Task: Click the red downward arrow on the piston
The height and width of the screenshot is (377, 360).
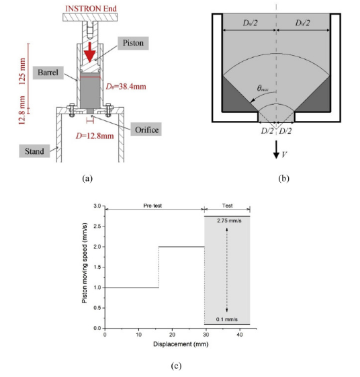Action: [x=89, y=52]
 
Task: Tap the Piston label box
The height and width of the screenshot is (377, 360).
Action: [x=133, y=43]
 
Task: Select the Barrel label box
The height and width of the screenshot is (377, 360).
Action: [x=48, y=73]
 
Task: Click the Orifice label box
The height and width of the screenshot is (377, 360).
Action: [x=146, y=129]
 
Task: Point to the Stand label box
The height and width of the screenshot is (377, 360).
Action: [x=34, y=151]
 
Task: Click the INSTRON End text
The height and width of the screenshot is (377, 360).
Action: [x=91, y=9]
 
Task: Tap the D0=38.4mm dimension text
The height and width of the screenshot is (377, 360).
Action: [x=126, y=86]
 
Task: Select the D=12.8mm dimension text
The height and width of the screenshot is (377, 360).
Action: [x=95, y=136]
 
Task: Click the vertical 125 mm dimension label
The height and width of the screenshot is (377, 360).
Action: [x=22, y=71]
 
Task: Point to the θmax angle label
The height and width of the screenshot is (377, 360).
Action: [x=263, y=89]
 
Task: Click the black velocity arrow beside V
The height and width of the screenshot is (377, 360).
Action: [x=276, y=150]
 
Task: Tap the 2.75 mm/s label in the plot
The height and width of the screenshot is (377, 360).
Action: [x=229, y=220]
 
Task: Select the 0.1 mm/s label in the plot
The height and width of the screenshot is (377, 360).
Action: [x=227, y=319]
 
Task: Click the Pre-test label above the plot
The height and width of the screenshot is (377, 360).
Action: [x=152, y=206]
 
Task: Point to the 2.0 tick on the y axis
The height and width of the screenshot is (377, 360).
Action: [x=97, y=247]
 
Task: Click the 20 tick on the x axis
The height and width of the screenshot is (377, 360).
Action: [x=172, y=335]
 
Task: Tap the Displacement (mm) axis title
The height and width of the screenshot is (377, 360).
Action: [x=181, y=344]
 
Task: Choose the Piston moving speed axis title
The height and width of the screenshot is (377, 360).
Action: [x=85, y=263]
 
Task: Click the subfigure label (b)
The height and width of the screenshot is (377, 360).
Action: [x=283, y=178]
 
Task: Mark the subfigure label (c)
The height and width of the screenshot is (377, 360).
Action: [x=176, y=366]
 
